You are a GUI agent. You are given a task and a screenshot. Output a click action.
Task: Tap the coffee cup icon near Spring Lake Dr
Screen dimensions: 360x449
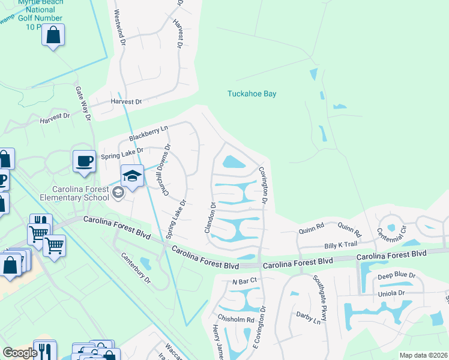pos(84,161)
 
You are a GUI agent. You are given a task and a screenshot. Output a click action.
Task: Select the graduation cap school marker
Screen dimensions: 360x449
pos(133,175)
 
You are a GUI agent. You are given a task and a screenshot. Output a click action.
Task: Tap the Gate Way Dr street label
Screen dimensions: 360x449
pos(82,103)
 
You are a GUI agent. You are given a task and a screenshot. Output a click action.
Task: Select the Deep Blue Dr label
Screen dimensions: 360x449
pos(396,275)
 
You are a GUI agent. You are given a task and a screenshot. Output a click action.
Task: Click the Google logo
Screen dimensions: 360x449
pos(20,353)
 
